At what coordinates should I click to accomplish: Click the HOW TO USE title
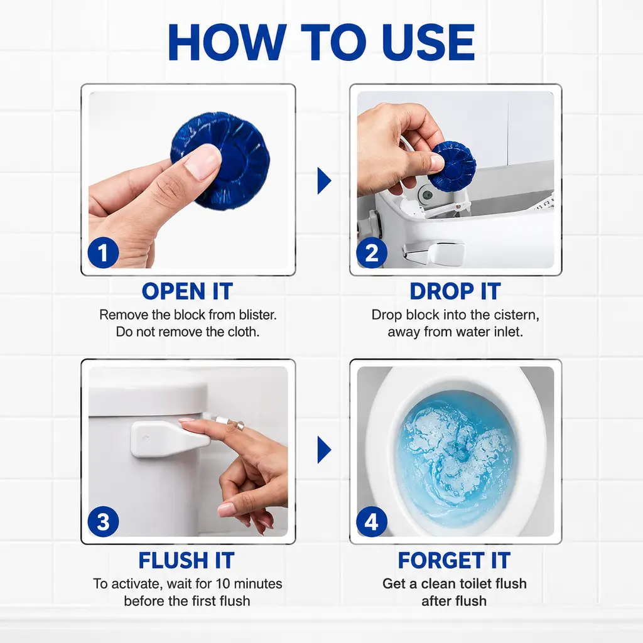[321, 42]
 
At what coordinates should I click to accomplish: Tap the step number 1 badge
[103, 252]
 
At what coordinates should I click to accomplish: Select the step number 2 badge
[372, 252]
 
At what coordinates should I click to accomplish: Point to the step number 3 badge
[103, 522]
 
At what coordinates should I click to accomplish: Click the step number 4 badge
[372, 522]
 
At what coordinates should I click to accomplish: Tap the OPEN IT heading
[187, 291]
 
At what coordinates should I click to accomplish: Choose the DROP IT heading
[455, 291]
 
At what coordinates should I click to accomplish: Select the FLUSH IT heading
[186, 560]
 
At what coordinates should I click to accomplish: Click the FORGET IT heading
[455, 560]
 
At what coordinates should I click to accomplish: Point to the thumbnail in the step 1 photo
[201, 164]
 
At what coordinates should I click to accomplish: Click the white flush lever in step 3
[168, 440]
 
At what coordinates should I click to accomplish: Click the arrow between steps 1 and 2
[324, 180]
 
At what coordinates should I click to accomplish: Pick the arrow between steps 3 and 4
[324, 450]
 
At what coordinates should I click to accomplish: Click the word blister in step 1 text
[256, 315]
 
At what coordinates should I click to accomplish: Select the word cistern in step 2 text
[517, 315]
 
